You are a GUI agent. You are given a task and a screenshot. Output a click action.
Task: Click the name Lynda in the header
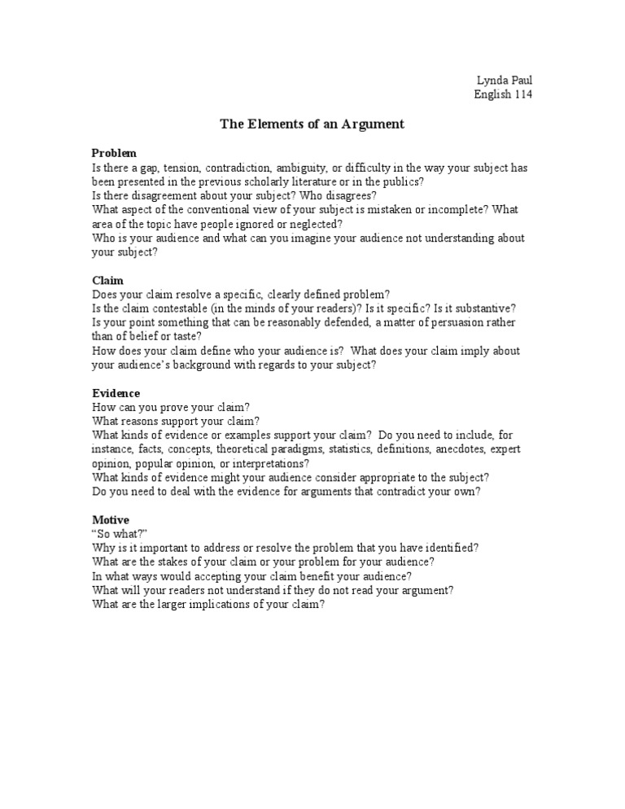point(492,80)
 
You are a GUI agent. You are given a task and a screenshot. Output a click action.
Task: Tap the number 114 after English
point(524,94)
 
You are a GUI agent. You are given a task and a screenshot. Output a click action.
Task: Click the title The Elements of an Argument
point(312,125)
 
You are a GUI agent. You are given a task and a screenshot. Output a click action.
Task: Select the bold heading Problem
point(114,153)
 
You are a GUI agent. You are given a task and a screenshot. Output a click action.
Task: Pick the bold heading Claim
point(107,280)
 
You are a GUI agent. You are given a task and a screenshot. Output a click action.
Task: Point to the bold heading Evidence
point(116,392)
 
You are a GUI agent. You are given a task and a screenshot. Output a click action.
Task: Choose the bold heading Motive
point(111,519)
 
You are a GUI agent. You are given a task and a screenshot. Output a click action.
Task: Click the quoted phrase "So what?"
point(120,534)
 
